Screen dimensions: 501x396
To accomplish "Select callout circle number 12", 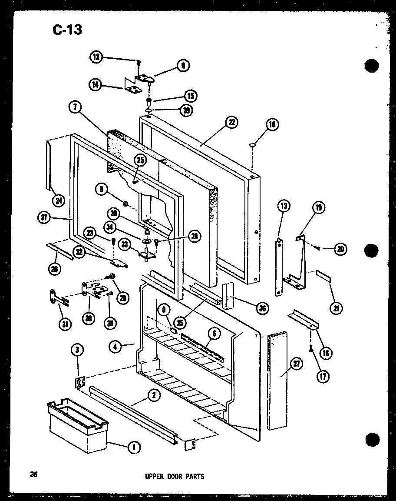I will click(96, 57).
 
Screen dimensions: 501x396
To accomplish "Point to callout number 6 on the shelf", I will click(214, 334).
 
